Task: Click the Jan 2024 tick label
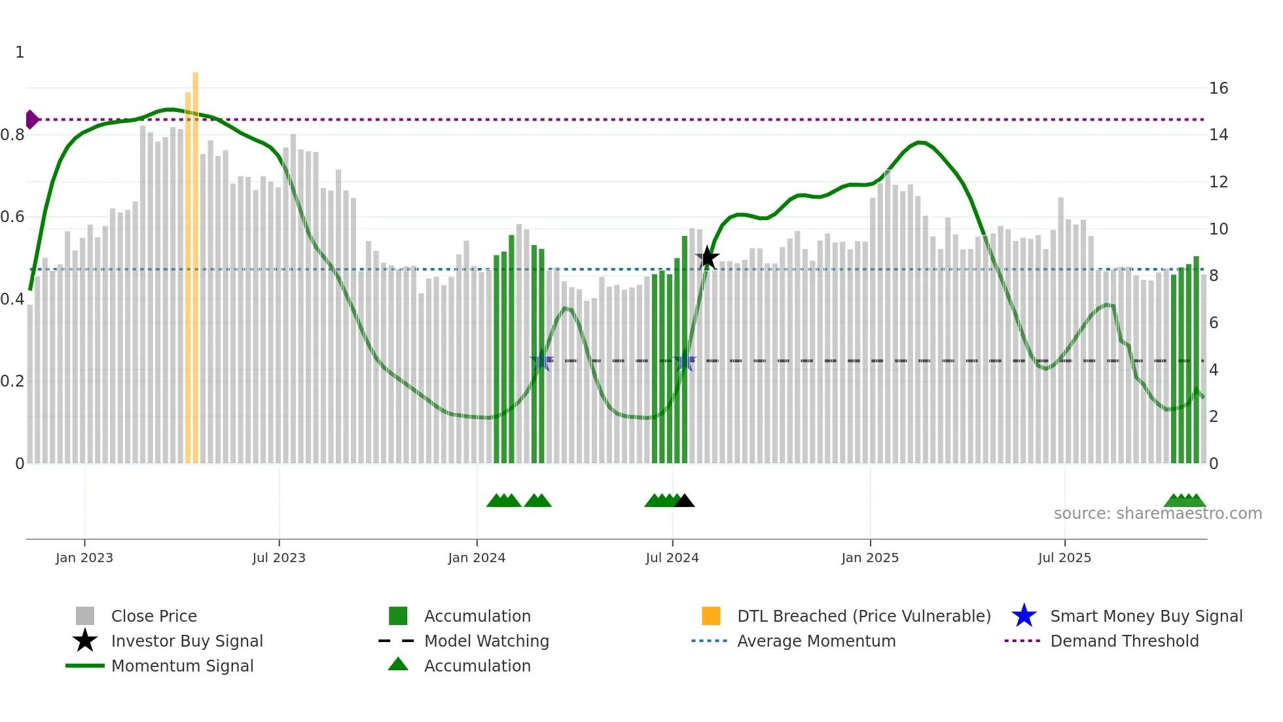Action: click(477, 558)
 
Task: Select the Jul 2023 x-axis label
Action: click(279, 558)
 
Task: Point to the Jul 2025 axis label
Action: click(1064, 558)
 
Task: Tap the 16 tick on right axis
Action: click(1218, 88)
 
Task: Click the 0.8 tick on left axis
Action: click(13, 135)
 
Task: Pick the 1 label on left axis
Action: click(20, 52)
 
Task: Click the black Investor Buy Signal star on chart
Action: click(707, 257)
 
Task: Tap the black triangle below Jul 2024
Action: click(684, 501)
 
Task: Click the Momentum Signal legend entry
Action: click(182, 666)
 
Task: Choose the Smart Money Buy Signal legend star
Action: click(1024, 616)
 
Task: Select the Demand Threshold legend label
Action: click(1124, 641)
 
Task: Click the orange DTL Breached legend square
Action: click(711, 616)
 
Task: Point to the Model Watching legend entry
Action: click(486, 641)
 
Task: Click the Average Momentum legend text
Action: click(816, 641)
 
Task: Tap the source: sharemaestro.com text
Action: click(1157, 514)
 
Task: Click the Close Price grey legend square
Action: click(85, 616)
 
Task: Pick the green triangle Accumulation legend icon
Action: click(398, 665)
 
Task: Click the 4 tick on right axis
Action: click(1214, 370)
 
